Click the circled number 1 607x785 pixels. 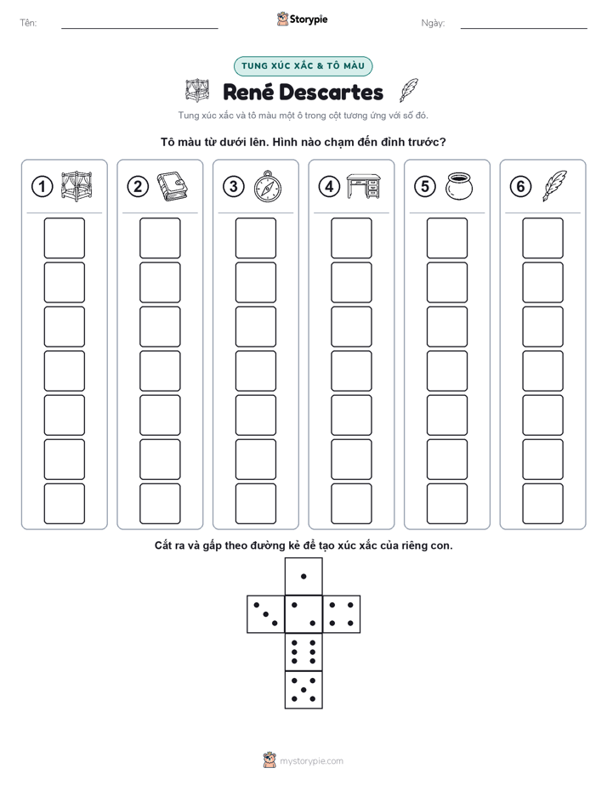(x=42, y=187)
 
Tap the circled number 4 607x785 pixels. (x=329, y=187)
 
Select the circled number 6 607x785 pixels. (x=520, y=187)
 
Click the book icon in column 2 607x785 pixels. (x=173, y=187)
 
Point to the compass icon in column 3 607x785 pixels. (x=268, y=186)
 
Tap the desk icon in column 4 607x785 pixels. (x=364, y=186)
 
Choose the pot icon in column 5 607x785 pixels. (x=459, y=186)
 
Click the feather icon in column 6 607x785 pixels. (x=554, y=186)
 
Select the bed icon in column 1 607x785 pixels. (x=77, y=186)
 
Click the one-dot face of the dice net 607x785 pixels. (x=303, y=577)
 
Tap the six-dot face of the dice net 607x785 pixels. (x=303, y=652)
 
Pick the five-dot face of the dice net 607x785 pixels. (x=303, y=690)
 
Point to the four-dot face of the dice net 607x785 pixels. (x=342, y=614)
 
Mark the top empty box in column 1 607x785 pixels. (x=64, y=238)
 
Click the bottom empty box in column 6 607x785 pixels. (x=542, y=504)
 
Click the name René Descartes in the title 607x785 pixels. (x=303, y=93)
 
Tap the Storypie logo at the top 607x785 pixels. (x=302, y=20)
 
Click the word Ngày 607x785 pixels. (x=433, y=23)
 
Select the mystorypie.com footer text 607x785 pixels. (x=311, y=761)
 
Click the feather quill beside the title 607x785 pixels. (x=409, y=91)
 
